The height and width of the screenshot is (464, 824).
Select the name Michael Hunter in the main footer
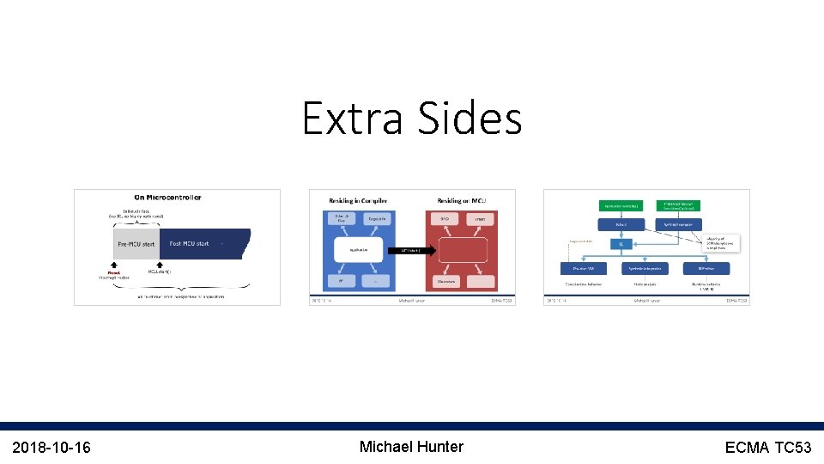[411, 447]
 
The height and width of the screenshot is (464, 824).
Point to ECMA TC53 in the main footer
[767, 447]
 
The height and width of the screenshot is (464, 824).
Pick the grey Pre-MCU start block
[136, 243]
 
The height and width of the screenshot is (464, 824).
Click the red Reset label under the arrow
[115, 272]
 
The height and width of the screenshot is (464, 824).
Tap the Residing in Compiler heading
[359, 200]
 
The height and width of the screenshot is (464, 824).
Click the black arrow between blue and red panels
[415, 251]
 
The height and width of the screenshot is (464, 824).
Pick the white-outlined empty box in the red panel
[463, 251]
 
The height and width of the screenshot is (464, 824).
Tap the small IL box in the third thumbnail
[620, 243]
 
